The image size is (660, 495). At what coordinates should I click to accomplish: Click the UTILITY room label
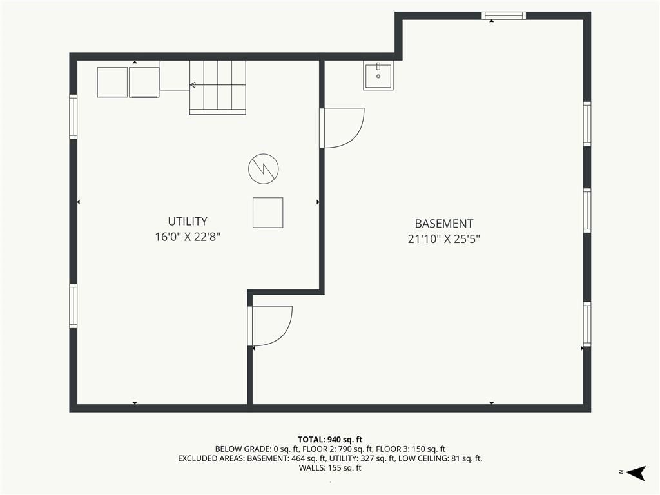(188, 222)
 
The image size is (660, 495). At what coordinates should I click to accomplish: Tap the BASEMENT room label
(444, 224)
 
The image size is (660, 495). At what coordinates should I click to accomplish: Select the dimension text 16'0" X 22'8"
(188, 237)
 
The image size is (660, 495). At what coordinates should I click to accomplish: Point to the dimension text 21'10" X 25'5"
(444, 239)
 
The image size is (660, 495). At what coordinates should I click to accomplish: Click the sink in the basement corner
(378, 75)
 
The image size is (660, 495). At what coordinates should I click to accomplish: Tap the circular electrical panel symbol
(264, 169)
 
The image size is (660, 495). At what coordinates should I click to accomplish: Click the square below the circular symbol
(267, 213)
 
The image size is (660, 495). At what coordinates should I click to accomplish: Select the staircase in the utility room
(218, 87)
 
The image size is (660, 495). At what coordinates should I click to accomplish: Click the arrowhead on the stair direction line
(192, 85)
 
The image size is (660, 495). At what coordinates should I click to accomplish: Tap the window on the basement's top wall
(504, 15)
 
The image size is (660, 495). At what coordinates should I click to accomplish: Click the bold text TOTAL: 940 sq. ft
(330, 440)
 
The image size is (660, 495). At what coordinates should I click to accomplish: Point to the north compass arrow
(636, 472)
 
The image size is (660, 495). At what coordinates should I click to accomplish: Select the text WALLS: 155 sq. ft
(330, 468)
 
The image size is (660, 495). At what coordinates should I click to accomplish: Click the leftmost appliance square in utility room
(112, 82)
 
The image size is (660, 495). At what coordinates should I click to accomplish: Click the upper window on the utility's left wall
(73, 117)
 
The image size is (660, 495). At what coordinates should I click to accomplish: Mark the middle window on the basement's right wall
(587, 210)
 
